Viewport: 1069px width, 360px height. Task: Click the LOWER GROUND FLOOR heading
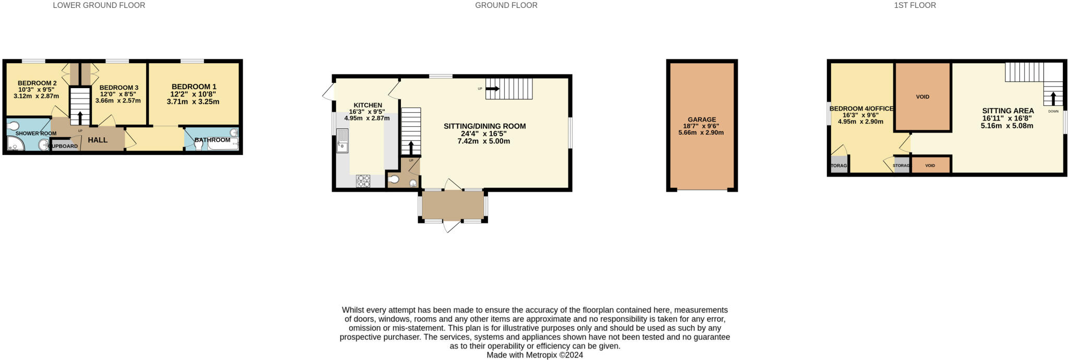click(x=99, y=5)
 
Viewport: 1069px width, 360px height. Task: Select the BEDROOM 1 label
click(x=194, y=87)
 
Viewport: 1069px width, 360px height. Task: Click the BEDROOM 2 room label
click(x=37, y=83)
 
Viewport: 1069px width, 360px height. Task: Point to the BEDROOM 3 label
click(x=118, y=88)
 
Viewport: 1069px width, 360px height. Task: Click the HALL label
click(x=98, y=140)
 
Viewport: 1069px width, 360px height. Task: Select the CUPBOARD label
click(x=64, y=146)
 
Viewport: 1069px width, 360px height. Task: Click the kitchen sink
click(x=342, y=140)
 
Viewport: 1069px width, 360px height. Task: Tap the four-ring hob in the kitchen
click(x=363, y=181)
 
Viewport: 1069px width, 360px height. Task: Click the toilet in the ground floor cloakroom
click(x=395, y=179)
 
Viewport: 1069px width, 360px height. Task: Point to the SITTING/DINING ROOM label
click(x=484, y=126)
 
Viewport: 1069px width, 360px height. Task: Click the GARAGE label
click(x=702, y=119)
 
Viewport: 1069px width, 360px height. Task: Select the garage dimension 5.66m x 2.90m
click(x=701, y=133)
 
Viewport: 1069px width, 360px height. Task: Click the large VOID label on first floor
click(x=922, y=97)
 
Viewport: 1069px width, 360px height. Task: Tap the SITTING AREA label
click(x=1007, y=111)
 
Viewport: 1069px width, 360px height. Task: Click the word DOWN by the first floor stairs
click(x=1053, y=111)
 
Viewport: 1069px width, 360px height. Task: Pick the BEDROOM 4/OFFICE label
click(x=861, y=109)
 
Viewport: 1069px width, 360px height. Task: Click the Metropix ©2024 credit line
click(x=534, y=355)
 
